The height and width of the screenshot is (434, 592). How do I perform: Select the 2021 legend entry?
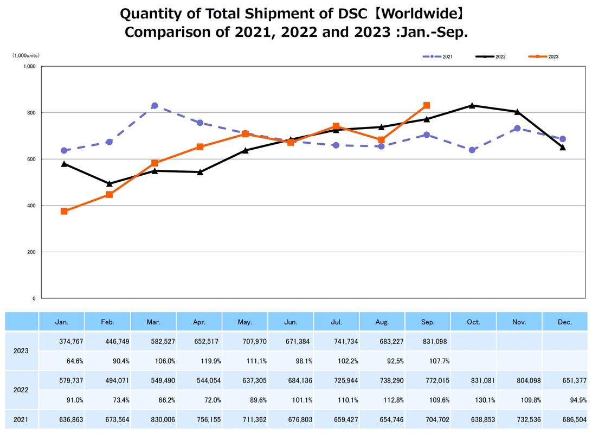[x=438, y=56]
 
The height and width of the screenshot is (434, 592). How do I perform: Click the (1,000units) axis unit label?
[x=26, y=55]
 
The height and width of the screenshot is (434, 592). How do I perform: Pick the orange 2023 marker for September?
[x=427, y=105]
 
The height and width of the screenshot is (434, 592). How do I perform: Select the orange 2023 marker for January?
[x=64, y=211]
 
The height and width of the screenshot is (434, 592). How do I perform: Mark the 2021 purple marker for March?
[x=155, y=106]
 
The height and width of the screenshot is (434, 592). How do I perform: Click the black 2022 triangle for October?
[x=472, y=105]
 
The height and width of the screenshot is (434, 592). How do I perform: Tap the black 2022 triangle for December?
[x=563, y=147]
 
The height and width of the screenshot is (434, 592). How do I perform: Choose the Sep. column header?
[x=428, y=322]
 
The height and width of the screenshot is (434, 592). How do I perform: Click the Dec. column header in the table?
[x=564, y=322]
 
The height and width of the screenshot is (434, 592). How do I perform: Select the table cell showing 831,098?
[x=428, y=341]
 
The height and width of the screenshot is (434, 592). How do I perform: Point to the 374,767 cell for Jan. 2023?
[x=62, y=341]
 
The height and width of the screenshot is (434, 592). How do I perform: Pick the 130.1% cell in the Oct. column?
[x=473, y=400]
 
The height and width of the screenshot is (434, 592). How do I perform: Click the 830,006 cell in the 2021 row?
[x=153, y=419]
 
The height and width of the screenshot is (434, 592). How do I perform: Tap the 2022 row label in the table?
[x=22, y=390]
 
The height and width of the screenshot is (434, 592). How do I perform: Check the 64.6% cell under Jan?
[x=62, y=360]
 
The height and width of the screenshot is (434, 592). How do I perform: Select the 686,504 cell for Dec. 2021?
[x=564, y=419]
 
